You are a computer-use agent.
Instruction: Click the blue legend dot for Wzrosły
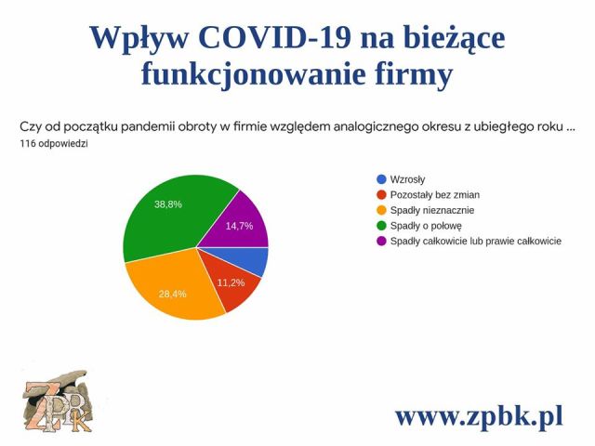[x=381, y=179]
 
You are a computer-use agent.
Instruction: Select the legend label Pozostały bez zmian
[x=435, y=195]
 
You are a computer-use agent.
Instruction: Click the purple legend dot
[x=381, y=242]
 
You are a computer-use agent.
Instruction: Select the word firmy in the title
[x=416, y=74]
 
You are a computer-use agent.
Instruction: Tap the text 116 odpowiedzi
[x=54, y=144]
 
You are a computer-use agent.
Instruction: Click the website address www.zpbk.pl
[x=479, y=415]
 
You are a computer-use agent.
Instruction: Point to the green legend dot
[x=381, y=226]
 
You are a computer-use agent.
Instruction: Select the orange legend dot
[x=381, y=210]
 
